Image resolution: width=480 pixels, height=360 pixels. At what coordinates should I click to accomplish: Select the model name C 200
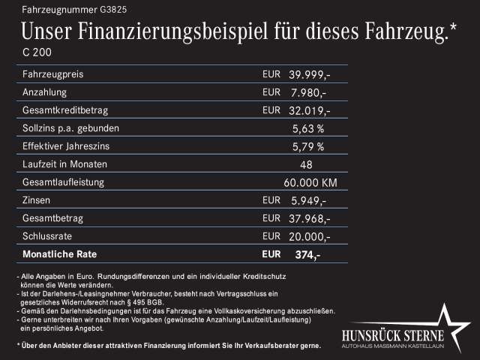(37, 53)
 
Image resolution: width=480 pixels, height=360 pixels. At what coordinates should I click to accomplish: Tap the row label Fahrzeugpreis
(53, 75)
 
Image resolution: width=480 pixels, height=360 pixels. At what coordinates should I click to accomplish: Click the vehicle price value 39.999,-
(310, 75)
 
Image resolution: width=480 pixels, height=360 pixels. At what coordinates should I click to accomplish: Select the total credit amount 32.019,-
(310, 111)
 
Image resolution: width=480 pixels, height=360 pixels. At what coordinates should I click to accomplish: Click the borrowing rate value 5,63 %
(307, 128)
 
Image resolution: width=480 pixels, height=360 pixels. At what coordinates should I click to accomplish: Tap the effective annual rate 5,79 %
(307, 146)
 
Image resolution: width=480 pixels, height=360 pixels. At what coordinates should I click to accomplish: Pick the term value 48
(306, 164)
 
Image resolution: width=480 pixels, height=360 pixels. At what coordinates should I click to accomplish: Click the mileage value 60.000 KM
(310, 182)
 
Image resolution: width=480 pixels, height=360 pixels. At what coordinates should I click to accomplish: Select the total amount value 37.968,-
(310, 218)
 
